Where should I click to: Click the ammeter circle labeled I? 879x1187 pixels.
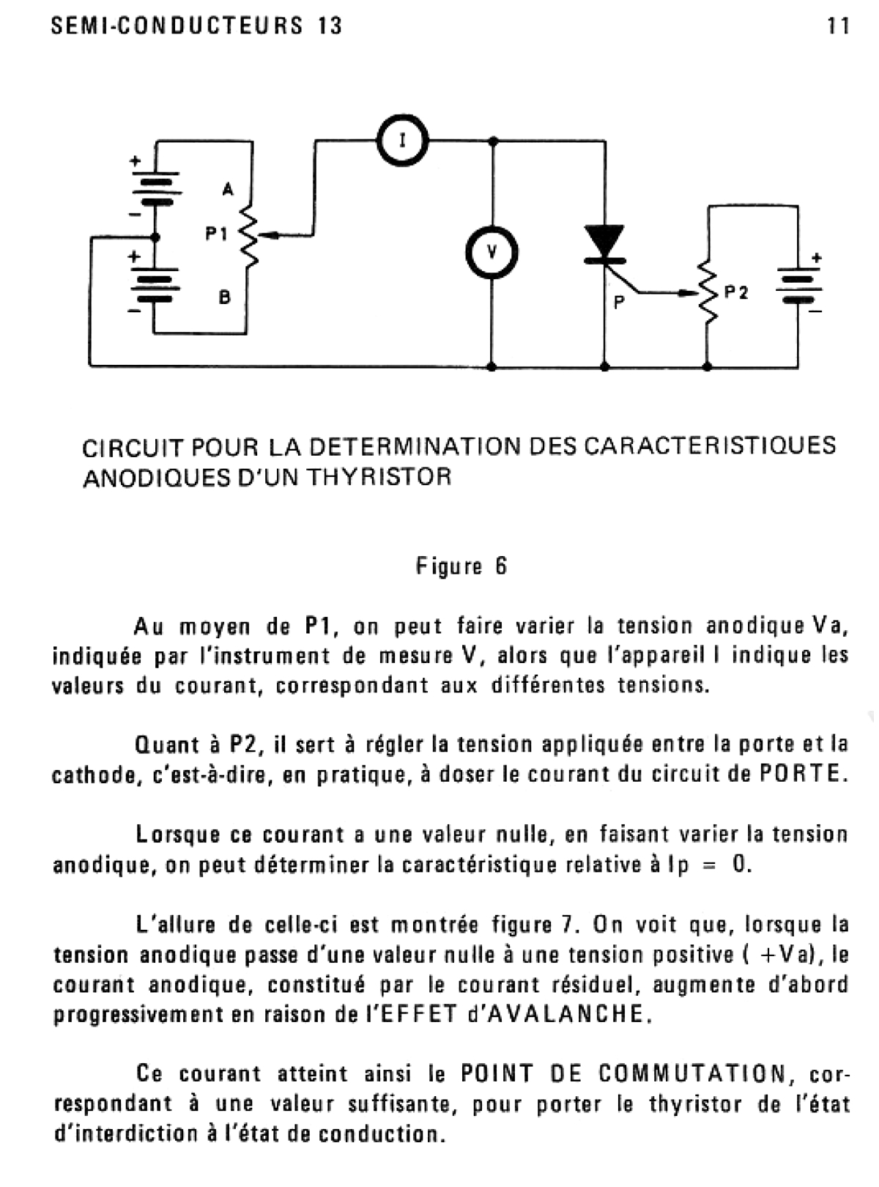378,140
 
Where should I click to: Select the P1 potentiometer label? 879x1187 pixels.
217,234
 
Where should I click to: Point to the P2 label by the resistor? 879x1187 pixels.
736,292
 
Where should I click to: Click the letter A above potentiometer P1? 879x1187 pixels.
228,189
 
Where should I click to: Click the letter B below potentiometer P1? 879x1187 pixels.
225,297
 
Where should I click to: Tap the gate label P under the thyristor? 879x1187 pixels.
619,303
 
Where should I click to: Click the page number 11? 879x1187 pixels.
838,26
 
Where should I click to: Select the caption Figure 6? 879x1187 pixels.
461,566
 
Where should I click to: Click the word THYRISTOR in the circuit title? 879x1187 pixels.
379,476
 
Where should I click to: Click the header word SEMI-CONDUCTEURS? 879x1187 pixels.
177,26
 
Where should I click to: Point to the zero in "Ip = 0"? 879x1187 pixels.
739,865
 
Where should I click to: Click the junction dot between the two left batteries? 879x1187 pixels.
155,237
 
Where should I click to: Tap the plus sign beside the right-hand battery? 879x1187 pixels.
816,257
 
